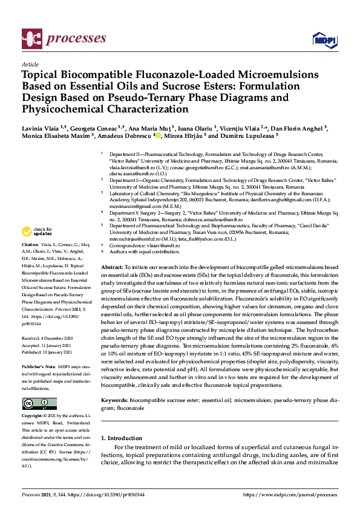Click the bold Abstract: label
click(x=112, y=267)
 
